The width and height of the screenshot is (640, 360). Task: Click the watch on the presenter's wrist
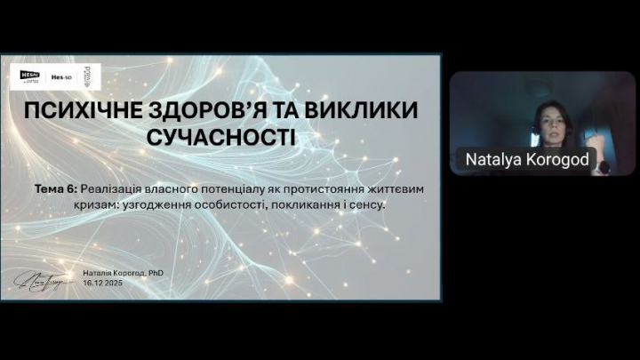click(x=603, y=166)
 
